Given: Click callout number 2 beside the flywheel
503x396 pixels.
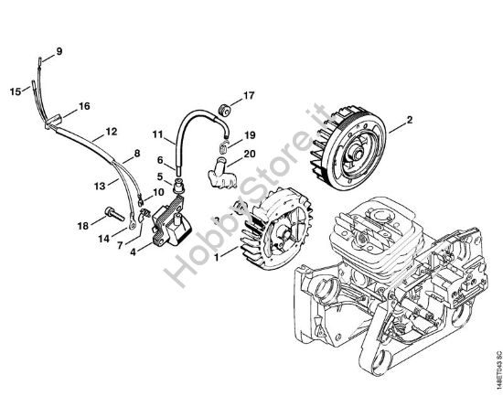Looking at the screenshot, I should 410,120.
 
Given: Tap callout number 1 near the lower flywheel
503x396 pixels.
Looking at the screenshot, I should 216,258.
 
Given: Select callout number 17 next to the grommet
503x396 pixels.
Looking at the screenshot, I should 249,95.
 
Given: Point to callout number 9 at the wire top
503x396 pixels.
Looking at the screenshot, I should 59,51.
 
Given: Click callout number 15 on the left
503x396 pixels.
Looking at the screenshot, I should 15,91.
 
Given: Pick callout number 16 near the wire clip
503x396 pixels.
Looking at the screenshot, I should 84,106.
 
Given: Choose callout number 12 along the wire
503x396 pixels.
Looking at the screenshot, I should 111,132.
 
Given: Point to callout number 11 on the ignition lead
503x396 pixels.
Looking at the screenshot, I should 157,135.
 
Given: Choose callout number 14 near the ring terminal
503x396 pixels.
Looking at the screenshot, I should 103,237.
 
